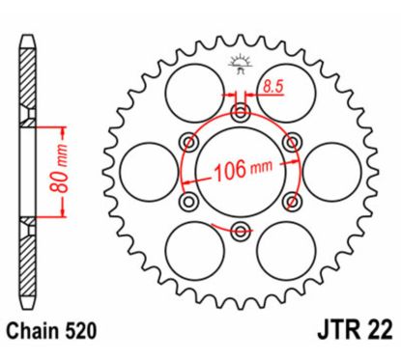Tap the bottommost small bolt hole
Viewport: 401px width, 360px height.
pos(241,229)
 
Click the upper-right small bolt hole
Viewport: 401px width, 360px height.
pos(290,144)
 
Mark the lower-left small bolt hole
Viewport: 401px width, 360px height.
pos(190,201)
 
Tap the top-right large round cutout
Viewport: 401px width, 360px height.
pos(286,94)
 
